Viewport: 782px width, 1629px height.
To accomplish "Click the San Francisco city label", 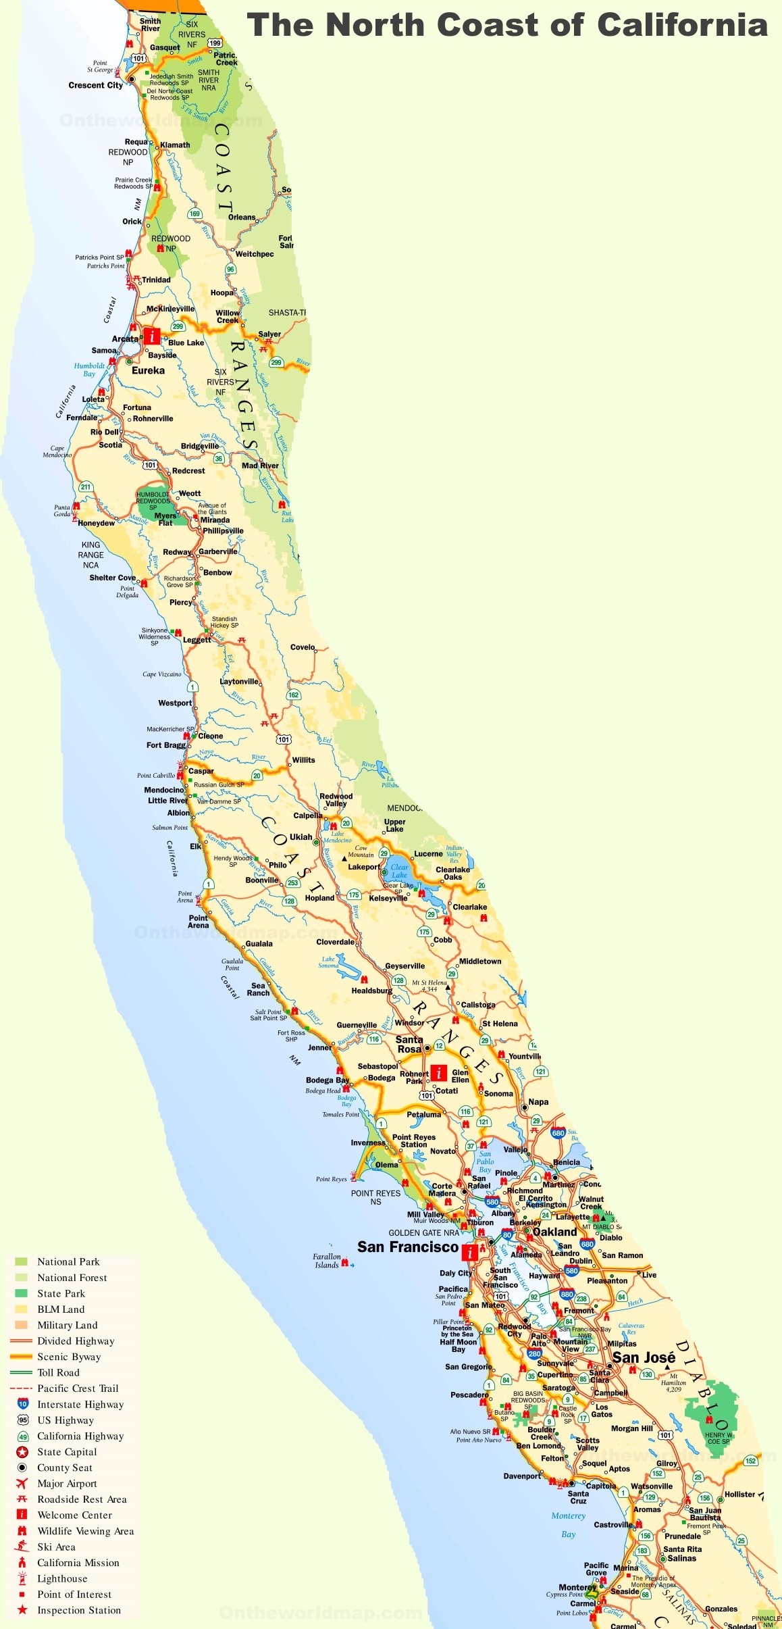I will coord(408,1247).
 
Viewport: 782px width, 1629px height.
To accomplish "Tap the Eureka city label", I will coord(148,370).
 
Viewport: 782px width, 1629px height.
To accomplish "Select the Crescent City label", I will coord(96,85).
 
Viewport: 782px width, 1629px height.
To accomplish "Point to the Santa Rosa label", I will coord(409,1044).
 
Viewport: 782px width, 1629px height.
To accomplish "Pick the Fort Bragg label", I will coord(166,745).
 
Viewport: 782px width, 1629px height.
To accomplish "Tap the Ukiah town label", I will coord(301,836).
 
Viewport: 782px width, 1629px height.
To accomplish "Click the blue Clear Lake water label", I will coord(399,871).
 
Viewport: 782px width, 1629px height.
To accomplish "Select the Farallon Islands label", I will coord(327,1261).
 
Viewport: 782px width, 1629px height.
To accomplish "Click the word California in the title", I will coord(682,26).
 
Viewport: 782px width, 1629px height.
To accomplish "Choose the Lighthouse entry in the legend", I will coord(62,1578).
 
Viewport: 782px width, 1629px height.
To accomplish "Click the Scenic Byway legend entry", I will coord(69,1356).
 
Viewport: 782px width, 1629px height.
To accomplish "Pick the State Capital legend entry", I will coord(67,1451).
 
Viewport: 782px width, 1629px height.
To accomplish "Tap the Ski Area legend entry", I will coord(56,1547).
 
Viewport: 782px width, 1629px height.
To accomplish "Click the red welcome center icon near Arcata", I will coord(153,336).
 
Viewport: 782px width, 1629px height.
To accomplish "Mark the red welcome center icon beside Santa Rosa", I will coord(439,1072).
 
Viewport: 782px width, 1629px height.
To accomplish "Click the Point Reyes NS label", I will coord(375,1197).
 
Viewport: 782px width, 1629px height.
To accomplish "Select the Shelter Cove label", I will coord(113,578).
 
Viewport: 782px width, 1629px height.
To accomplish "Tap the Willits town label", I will coord(303,759).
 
